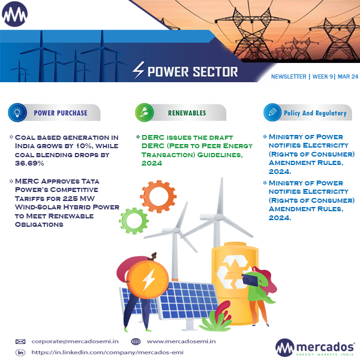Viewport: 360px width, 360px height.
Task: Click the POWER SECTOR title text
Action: (192, 73)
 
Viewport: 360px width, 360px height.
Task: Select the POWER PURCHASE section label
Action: (60, 113)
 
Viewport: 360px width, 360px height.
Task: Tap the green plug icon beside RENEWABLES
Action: (144, 113)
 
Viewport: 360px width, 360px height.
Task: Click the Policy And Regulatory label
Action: (315, 113)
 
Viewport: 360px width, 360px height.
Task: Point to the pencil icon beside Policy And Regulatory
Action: (272, 113)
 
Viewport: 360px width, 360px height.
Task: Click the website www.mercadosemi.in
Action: (181, 341)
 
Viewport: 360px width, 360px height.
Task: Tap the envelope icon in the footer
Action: (20, 341)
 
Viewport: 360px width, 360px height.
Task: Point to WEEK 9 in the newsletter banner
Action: (322, 77)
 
